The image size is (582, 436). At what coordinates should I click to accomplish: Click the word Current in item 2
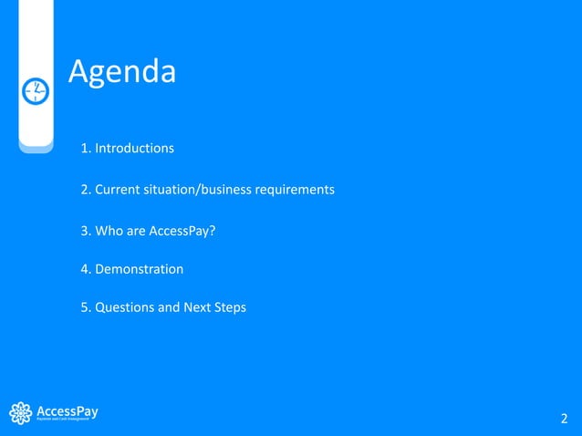pyautogui.click(x=117, y=190)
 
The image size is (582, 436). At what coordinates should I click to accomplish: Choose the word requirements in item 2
pyautogui.click(x=296, y=190)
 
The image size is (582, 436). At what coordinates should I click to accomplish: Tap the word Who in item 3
pyautogui.click(x=109, y=231)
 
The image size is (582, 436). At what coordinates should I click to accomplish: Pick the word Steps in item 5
pyautogui.click(x=230, y=307)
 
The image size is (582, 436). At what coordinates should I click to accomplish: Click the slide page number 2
pyautogui.click(x=564, y=419)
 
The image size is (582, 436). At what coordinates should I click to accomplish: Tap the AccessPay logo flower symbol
pyautogui.click(x=20, y=413)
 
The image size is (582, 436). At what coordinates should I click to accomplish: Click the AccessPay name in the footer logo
pyautogui.click(x=67, y=410)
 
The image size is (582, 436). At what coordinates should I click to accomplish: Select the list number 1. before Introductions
pyautogui.click(x=87, y=148)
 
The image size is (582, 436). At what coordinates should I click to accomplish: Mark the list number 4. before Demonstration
pyautogui.click(x=87, y=269)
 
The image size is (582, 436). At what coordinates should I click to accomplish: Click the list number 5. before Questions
pyautogui.click(x=87, y=307)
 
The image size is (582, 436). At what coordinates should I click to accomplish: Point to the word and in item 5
pyautogui.click(x=169, y=307)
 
